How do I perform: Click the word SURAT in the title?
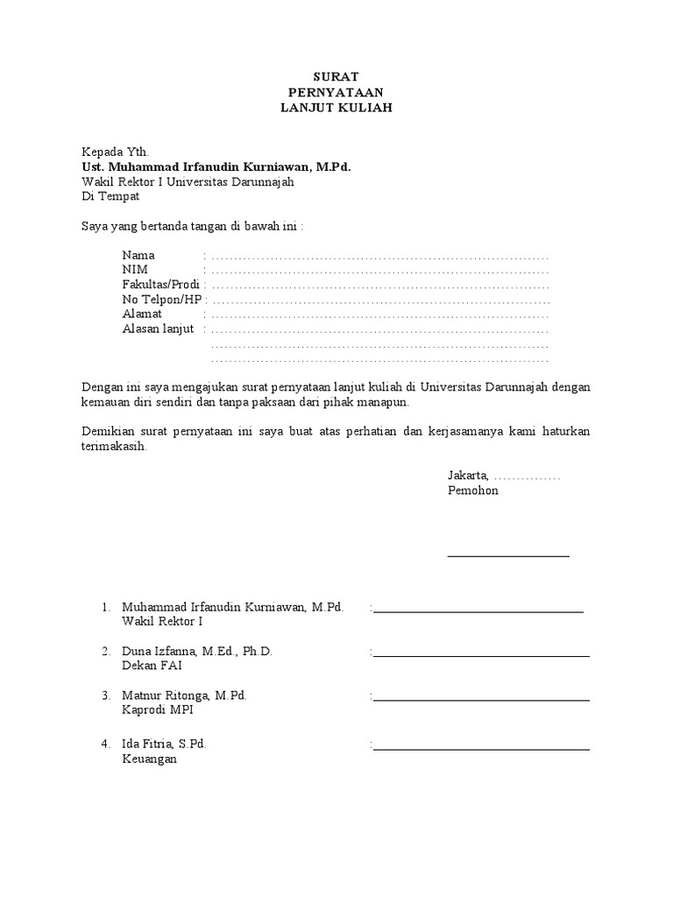pyautogui.click(x=336, y=77)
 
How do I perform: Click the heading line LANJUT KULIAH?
pyautogui.click(x=336, y=108)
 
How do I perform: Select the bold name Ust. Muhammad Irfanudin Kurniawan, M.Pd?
pyautogui.click(x=216, y=166)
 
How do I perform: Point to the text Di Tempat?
pyautogui.click(x=110, y=196)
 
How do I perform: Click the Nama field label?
pyautogui.click(x=138, y=255)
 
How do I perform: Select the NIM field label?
pyautogui.click(x=135, y=270)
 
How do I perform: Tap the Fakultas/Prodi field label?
pyautogui.click(x=161, y=285)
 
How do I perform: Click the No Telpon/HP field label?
pyautogui.click(x=162, y=300)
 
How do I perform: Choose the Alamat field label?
pyautogui.click(x=142, y=314)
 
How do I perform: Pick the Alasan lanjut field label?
pyautogui.click(x=158, y=328)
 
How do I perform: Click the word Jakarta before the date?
pyautogui.click(x=468, y=476)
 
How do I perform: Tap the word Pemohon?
pyautogui.click(x=472, y=491)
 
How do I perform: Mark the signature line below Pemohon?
pyautogui.click(x=508, y=555)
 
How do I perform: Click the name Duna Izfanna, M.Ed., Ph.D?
pyautogui.click(x=197, y=652)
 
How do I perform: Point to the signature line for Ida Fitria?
pyautogui.click(x=481, y=749)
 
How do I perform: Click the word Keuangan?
pyautogui.click(x=149, y=759)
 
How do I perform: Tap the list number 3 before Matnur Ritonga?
pyautogui.click(x=105, y=696)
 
